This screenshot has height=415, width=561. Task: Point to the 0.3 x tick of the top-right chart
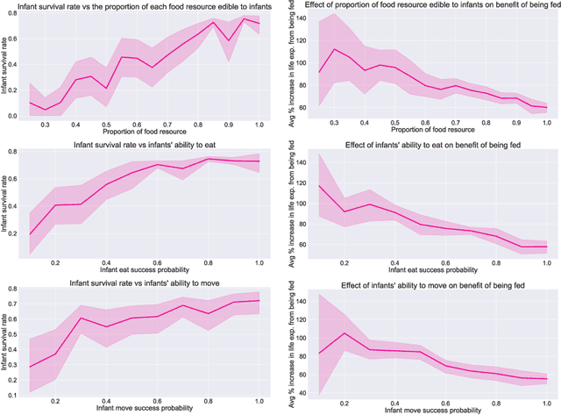[x=335, y=123]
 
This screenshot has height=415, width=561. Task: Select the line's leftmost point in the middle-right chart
[x=319, y=185]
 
